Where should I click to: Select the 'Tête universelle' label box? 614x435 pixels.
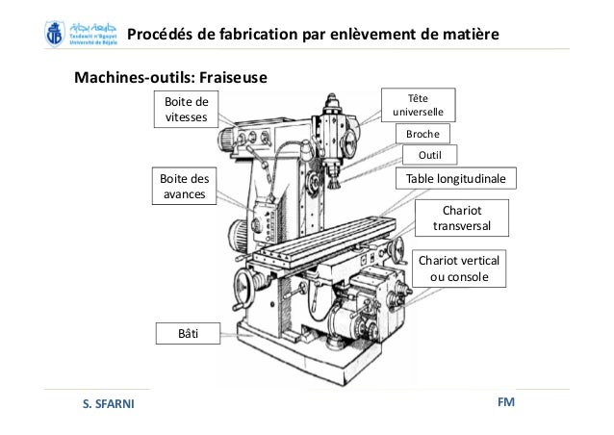419,104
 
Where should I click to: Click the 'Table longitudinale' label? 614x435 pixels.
458,179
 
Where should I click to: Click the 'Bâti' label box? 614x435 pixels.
188,333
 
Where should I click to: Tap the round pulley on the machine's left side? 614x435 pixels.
236,235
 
